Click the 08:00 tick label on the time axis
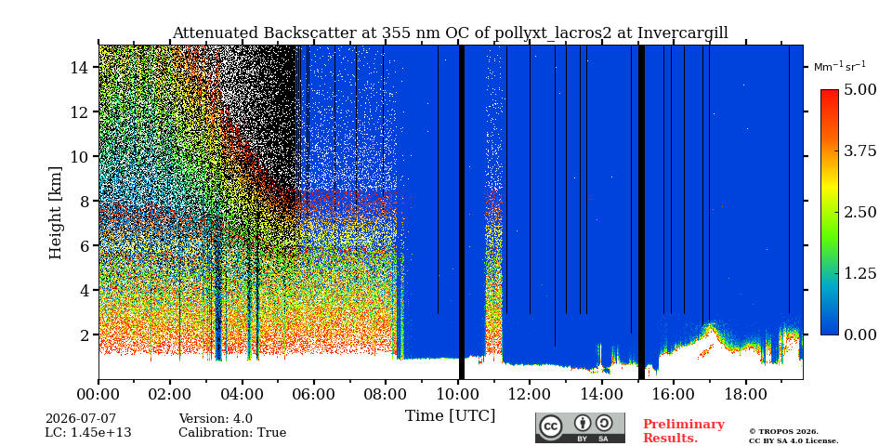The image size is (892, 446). point(386,393)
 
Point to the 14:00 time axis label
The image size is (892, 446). point(601,393)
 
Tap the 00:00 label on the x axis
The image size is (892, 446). point(99,393)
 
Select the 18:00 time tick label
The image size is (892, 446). point(744,393)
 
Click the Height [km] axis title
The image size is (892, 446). point(55,213)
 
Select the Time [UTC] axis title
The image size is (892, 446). point(450,416)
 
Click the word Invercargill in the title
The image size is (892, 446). point(683,33)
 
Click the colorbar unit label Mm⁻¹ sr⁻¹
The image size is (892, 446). point(840,67)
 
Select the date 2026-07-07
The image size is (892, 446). point(80,419)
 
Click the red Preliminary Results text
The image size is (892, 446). point(684,430)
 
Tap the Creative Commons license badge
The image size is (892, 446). point(580,427)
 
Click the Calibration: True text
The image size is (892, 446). point(232,432)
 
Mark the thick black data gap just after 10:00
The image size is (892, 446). point(462,212)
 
